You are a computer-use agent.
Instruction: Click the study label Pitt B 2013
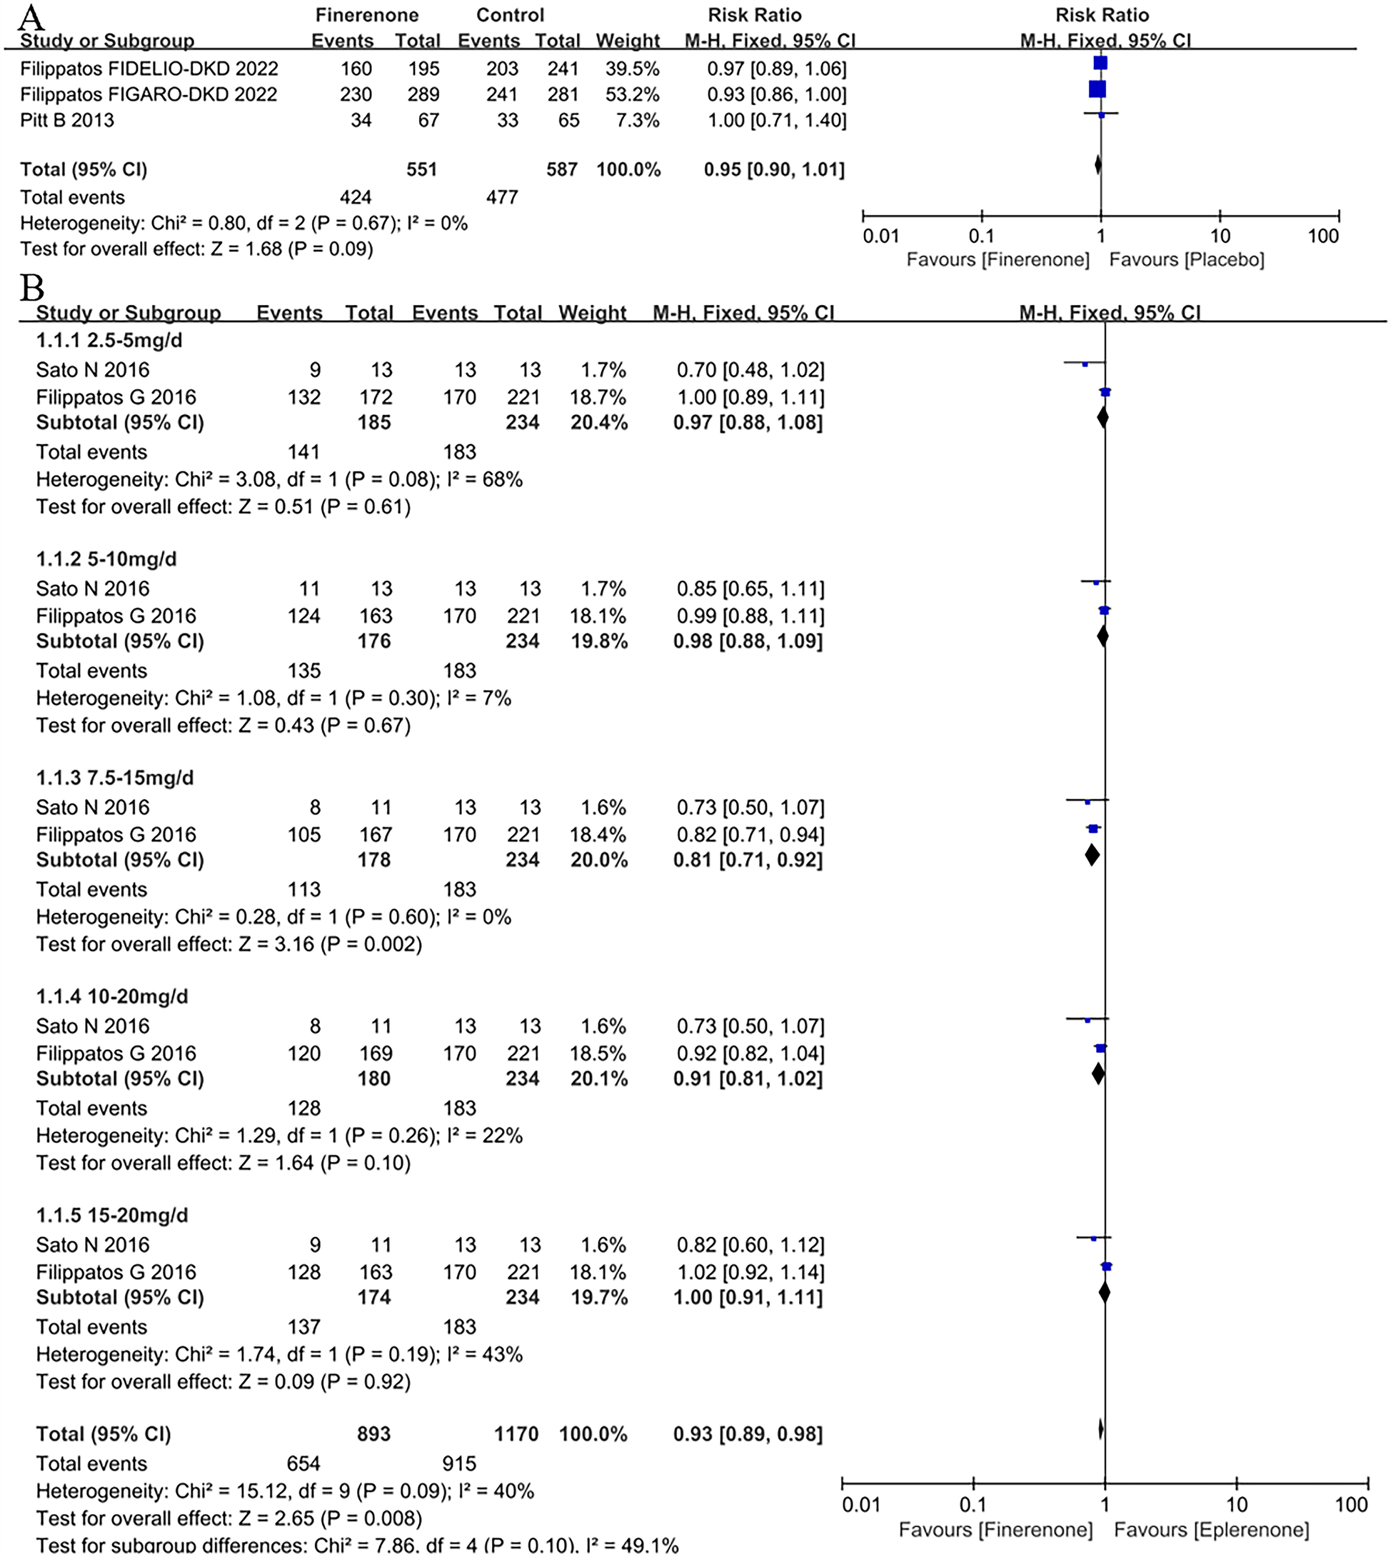(x=66, y=120)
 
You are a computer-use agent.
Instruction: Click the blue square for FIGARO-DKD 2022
(x=1097, y=89)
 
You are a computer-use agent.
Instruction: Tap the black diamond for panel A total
(x=1098, y=165)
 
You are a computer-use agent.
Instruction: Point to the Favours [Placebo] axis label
(x=1186, y=260)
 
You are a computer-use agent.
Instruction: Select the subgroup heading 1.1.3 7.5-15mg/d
(x=115, y=777)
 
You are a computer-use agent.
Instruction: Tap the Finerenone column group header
(x=367, y=15)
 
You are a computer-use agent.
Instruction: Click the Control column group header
(x=510, y=15)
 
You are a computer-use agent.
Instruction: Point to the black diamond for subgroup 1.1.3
(x=1093, y=854)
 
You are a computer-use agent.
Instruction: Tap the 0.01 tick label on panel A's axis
(x=880, y=236)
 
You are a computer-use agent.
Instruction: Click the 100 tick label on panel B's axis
(x=1350, y=1505)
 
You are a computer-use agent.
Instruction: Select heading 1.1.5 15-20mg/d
(x=111, y=1216)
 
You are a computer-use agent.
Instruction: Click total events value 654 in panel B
(x=303, y=1463)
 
